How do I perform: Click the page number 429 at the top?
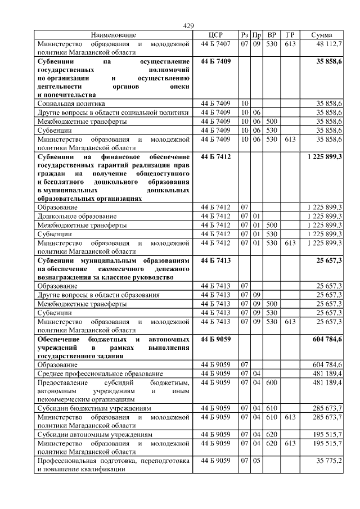click(x=188, y=26)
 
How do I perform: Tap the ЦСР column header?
click(x=215, y=35)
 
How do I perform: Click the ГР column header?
click(x=290, y=35)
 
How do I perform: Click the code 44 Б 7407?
click(x=215, y=43)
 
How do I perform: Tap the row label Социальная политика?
click(x=71, y=103)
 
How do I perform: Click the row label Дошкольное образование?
click(x=77, y=215)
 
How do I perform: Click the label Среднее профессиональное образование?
click(x=100, y=373)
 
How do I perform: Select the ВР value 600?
click(x=272, y=382)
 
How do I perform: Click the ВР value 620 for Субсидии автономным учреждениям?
click(x=272, y=434)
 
